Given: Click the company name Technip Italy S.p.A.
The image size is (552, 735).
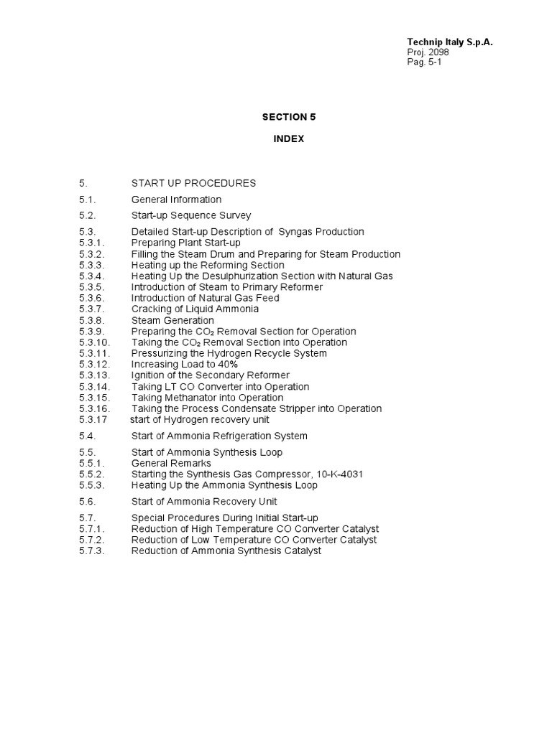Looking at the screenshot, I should pos(450,42).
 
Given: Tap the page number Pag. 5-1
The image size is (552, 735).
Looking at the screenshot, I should pos(425,62).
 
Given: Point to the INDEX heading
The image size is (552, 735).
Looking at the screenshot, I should pos(288,139).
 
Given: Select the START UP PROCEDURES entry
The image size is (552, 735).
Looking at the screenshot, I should pos(193,183).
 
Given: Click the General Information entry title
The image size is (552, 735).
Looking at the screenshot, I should pos(176,200).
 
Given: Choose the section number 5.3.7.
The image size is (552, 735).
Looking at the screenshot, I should pos(92,309).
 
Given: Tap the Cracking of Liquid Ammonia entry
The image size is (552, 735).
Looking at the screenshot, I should pos(195,309).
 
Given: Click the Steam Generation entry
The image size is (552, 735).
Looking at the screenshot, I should pos(172,320).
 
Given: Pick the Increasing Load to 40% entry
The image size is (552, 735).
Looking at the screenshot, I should pos(185,365).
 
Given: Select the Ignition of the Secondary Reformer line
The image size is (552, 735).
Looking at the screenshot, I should pos(211,375).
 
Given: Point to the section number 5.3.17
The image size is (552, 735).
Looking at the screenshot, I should pos(93,420).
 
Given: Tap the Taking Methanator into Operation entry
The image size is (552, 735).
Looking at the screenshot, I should pos(207,398).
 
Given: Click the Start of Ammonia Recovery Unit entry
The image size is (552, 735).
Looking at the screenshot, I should pos(204,502).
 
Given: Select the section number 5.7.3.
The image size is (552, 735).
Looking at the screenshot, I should pos(92,551).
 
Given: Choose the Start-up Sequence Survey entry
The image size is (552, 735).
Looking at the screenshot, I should pos(191,215).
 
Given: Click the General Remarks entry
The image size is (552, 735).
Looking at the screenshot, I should pos(171,464).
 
